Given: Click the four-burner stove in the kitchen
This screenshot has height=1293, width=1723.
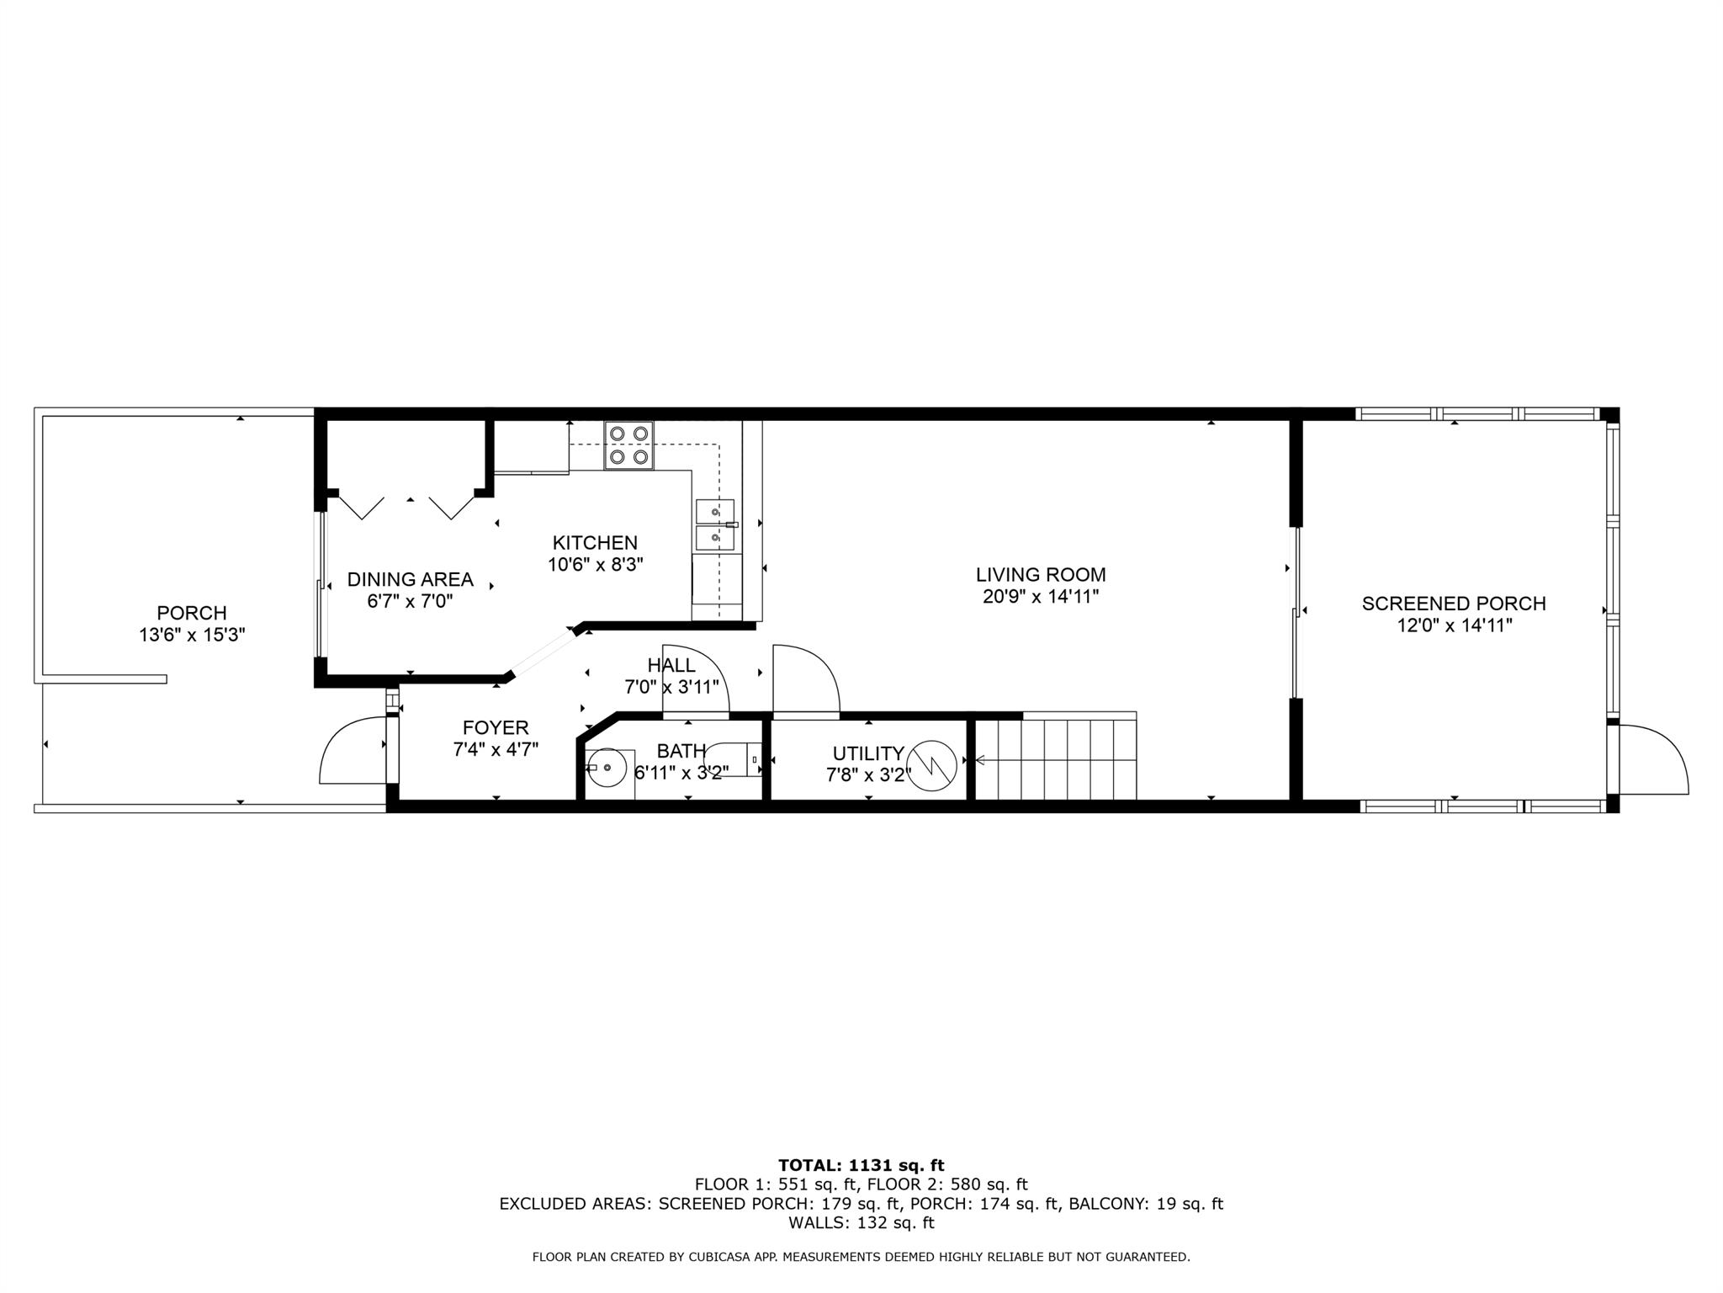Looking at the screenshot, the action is pos(628,445).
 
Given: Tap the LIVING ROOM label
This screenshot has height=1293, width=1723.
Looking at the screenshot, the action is pos(1041,575).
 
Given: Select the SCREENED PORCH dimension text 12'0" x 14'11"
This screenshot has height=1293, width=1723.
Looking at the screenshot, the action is pos(1454,625).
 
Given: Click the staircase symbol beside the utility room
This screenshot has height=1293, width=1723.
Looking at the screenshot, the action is pos(1056,758).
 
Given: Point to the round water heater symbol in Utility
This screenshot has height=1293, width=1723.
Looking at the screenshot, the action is pos(932,766).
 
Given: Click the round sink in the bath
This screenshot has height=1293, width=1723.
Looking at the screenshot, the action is pos(607,768).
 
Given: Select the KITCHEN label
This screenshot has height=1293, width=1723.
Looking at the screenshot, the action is pos(595,543).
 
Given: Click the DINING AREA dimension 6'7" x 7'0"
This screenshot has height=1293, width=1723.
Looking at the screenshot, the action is pos(410,601).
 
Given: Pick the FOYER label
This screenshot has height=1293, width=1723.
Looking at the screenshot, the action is pos(496,728).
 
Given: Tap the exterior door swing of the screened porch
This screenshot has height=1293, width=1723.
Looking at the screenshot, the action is pos(1653,758).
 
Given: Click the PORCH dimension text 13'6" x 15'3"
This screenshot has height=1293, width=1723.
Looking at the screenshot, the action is pos(192,635).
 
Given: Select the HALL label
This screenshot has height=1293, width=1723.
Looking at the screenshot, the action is pos(671,666).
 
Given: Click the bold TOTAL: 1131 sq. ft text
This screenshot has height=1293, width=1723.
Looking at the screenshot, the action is pos(861,1165).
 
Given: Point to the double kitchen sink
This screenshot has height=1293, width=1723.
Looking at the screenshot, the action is pos(715,525).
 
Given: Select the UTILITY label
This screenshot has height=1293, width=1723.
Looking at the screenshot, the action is pos(868,753).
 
